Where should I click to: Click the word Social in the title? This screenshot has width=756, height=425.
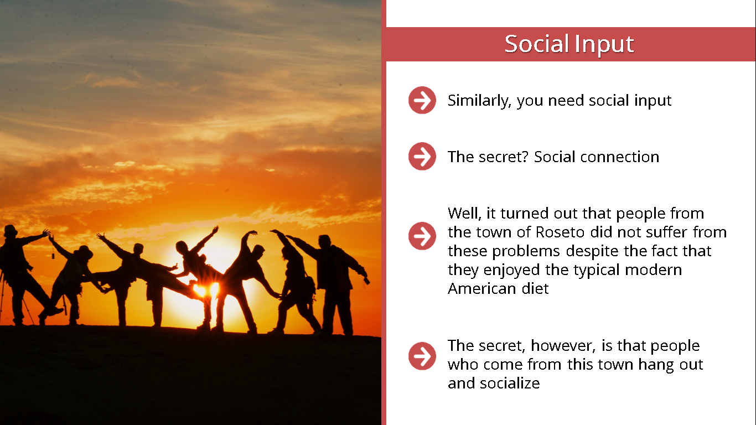tap(537, 44)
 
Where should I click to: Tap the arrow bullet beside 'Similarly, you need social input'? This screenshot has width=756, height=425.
tap(422, 100)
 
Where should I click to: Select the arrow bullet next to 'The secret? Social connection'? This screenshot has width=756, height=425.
tap(422, 156)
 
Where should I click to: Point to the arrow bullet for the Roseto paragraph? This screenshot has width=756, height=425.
tap(422, 236)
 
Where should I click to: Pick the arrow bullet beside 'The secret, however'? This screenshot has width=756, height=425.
tap(422, 356)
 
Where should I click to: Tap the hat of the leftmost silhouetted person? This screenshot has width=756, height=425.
tap(11, 231)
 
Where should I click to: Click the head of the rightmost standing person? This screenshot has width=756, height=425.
tap(325, 241)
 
